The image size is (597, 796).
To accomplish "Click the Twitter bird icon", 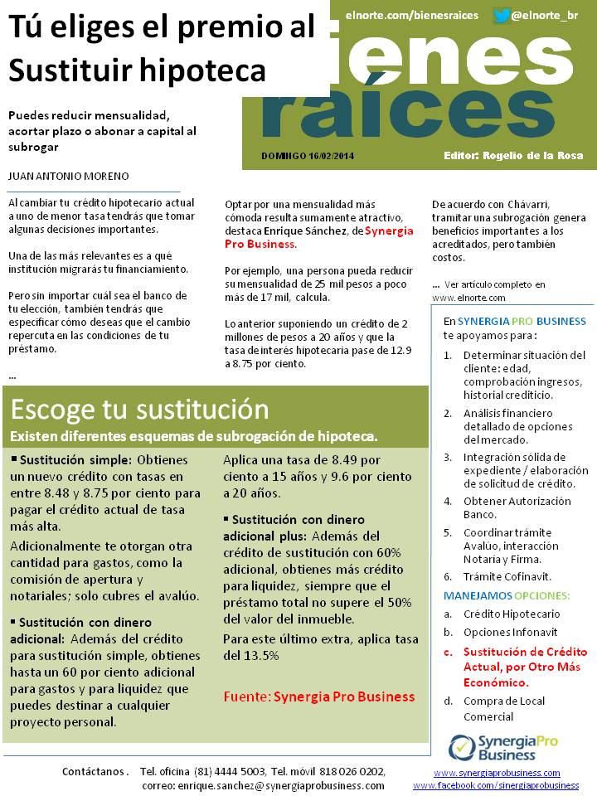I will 501,16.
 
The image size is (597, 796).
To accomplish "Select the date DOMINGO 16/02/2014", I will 307,155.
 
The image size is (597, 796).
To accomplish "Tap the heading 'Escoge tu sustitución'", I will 139,410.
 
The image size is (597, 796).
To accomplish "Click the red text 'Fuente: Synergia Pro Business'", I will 319,696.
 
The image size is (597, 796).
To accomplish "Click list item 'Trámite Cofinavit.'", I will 507,576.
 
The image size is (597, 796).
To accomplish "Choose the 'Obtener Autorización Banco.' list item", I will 517,507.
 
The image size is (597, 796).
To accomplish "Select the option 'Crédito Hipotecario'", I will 512,614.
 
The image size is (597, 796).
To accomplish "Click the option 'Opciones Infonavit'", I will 511,633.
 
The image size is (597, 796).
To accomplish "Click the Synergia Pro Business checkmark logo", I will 461,747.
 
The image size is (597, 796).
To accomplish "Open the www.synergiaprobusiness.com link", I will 497,773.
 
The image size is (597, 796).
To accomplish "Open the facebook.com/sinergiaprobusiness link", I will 496,785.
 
